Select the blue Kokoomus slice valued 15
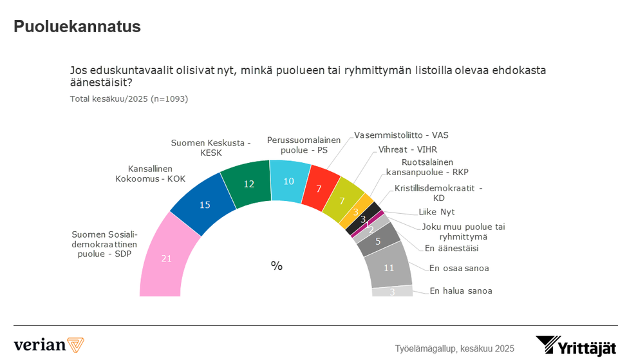tap(204, 205)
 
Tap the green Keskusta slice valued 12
tap(247, 183)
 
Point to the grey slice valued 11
tap(389, 267)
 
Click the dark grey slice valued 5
tap(379, 241)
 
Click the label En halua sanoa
tap(460, 291)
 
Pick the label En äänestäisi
tap(451, 248)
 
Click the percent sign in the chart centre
tap(277, 265)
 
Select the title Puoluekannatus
tap(77, 26)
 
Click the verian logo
tap(49, 344)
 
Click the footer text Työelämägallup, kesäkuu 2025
tap(454, 348)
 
